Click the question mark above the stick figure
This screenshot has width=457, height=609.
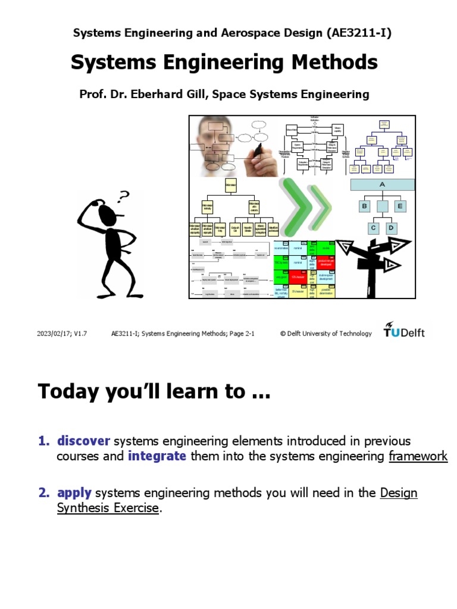[x=123, y=196]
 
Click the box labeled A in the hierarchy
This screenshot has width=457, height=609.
[x=382, y=184]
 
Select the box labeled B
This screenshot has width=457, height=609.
[x=364, y=206]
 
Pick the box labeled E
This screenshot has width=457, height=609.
[x=400, y=206]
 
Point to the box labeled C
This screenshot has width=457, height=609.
[x=374, y=228]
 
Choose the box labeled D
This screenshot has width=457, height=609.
[x=391, y=228]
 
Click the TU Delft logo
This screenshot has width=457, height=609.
[x=404, y=331]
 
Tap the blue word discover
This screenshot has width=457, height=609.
[x=83, y=441]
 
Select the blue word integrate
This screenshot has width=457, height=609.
[x=156, y=456]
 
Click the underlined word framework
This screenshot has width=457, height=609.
[x=418, y=456]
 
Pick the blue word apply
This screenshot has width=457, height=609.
[x=74, y=492]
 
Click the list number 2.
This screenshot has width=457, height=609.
[x=43, y=492]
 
